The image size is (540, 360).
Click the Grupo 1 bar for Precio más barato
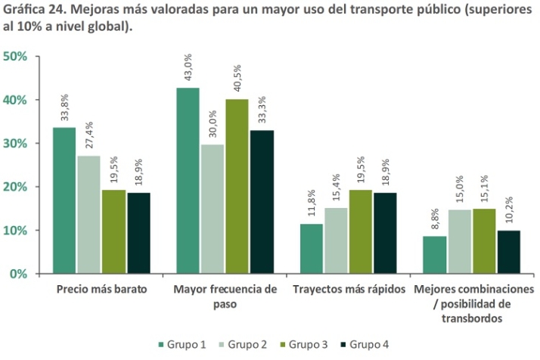(x=64, y=200)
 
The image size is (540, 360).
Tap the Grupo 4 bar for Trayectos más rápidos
(x=385, y=233)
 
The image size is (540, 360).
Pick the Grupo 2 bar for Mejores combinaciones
(x=459, y=241)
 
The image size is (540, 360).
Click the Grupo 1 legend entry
(x=182, y=344)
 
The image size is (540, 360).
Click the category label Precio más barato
(x=101, y=290)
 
